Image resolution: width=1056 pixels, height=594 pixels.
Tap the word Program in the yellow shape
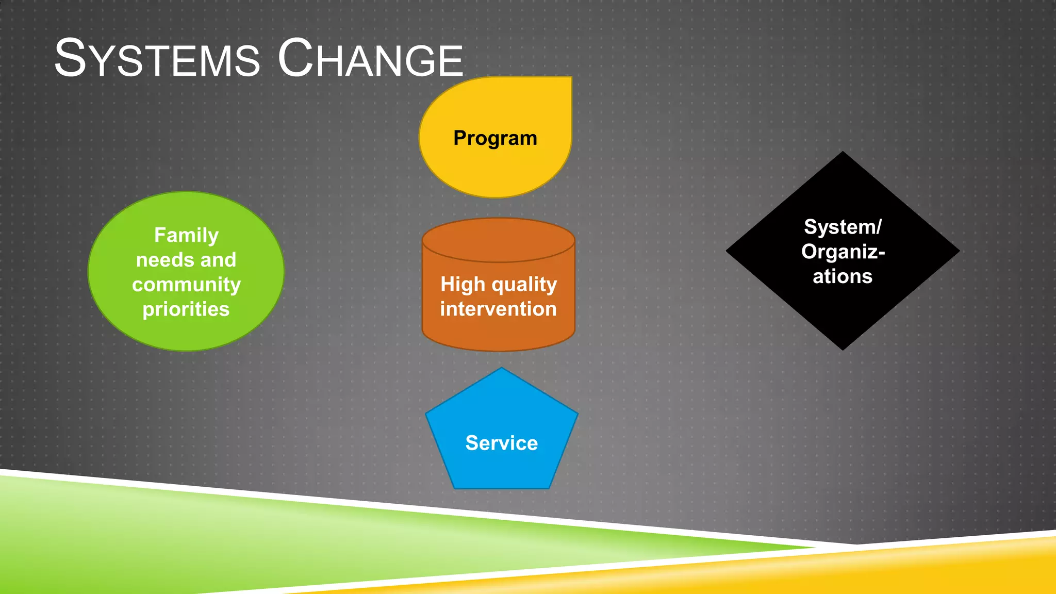(495, 138)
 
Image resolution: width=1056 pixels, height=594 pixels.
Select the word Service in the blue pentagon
(501, 443)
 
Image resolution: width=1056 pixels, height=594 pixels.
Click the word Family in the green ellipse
(186, 235)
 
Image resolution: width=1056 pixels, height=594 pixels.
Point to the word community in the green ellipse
(186, 285)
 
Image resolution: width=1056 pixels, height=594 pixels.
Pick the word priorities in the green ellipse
(186, 309)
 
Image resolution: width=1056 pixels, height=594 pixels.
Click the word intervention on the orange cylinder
(498, 309)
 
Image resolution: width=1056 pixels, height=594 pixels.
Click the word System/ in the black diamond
(843, 227)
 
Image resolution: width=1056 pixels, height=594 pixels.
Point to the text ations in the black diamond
(843, 276)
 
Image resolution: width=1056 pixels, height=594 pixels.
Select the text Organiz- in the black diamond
(843, 252)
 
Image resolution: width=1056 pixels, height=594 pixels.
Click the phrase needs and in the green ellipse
(186, 260)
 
